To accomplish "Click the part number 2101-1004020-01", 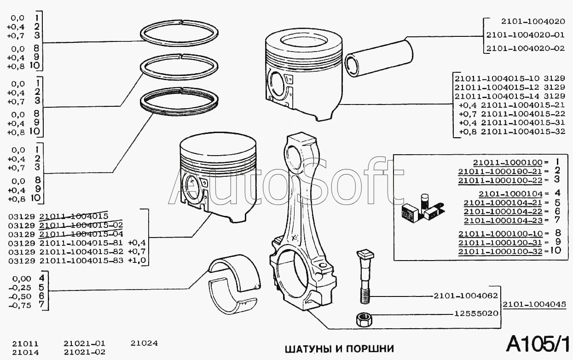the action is click(525, 35).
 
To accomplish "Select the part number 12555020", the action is click(476, 314).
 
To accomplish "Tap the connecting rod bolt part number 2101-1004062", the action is click(466, 296).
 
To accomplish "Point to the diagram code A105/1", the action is click(538, 344).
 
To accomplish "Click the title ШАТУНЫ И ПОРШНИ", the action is click(340, 349).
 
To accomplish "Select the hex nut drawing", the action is click(364, 320).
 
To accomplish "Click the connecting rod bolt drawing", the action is click(365, 277).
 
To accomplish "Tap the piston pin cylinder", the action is click(379, 58).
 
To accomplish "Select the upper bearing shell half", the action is click(234, 273).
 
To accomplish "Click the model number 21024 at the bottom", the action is click(144, 343).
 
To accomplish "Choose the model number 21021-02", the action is click(84, 352).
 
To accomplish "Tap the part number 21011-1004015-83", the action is click(81, 261).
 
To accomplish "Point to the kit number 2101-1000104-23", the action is click(503, 221).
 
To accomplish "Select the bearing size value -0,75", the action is click(20, 306).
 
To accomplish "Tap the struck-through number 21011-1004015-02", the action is click(81, 226).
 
